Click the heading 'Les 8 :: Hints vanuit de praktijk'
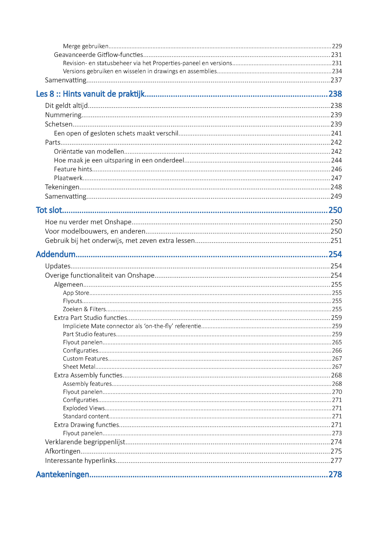pos(90,94)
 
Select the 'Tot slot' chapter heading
pos(49,210)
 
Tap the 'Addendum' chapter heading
pos(56,254)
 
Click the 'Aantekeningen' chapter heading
pos(62,474)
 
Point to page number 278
pos(335,474)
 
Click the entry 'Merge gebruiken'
pos(86,46)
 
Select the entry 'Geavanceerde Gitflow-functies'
pos(98,55)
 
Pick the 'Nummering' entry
pos(63,115)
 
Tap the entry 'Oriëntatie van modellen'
pos(89,151)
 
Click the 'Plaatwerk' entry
pos(68,178)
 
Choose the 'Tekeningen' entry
pos(62,187)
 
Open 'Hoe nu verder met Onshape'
pos(88,222)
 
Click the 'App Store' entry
pos(76,293)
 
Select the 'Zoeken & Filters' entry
pos(84,309)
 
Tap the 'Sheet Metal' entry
pos(79,367)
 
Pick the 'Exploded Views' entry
pos(84,408)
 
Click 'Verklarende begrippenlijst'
pos(85,442)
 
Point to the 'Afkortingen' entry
pos(63,451)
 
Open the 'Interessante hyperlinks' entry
pos(80,460)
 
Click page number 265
pos(337,342)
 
